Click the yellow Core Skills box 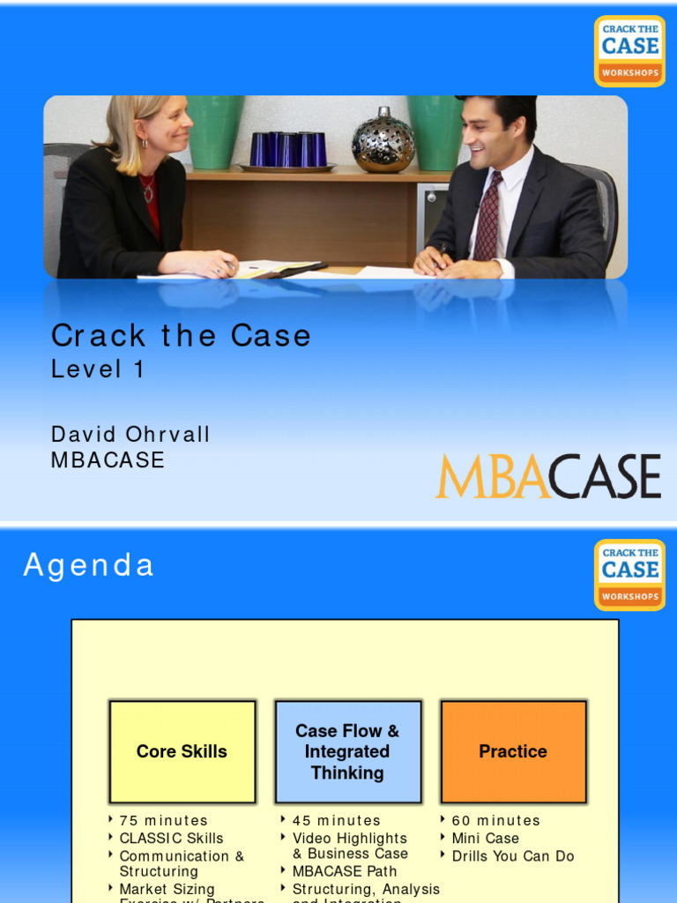(182, 751)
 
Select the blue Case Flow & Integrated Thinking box (347, 751)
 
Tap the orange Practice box (513, 751)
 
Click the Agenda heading (88, 565)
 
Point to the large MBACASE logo (547, 477)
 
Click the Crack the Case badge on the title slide (629, 51)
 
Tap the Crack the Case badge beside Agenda (629, 575)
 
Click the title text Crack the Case (181, 335)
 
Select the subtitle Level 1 (97, 369)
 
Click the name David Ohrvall (130, 434)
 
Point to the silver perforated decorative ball (383, 140)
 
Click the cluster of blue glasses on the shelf (287, 149)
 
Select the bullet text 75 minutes (164, 820)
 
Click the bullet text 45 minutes (337, 820)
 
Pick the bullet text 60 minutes (495, 820)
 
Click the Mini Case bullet (485, 838)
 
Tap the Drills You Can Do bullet (512, 855)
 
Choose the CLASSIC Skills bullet (171, 838)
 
